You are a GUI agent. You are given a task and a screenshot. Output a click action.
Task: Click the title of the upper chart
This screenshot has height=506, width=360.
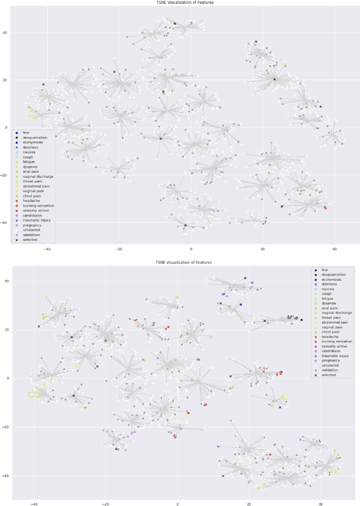[x=185, y=3]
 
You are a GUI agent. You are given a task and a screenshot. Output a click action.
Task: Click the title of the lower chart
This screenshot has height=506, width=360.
[x=185, y=263]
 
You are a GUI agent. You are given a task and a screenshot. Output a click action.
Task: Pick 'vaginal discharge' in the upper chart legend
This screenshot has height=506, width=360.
[x=38, y=177]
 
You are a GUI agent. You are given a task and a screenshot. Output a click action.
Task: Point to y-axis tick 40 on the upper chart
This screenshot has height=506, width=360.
[x=5, y=33]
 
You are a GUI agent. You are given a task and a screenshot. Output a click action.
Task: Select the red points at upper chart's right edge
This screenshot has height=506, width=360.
[x=325, y=208]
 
